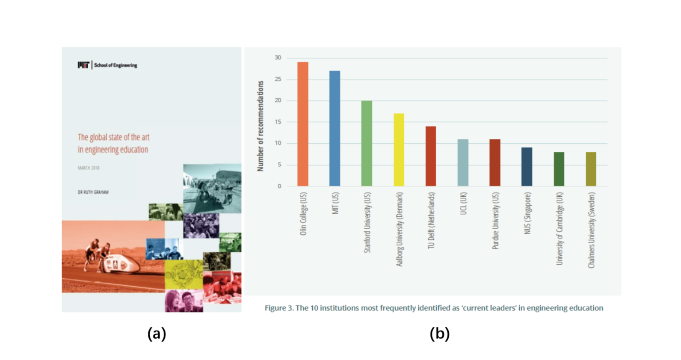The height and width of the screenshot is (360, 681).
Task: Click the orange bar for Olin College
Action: coord(302,124)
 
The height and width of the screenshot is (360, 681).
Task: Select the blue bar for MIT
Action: coord(335,128)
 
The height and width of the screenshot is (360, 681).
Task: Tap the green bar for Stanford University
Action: coord(367,143)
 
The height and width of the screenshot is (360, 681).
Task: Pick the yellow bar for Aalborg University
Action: coord(399,150)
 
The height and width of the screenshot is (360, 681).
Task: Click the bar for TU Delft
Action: coord(431,156)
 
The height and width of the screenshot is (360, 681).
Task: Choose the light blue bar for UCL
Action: coord(463,162)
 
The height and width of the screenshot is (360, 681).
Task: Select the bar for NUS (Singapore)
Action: coord(527,167)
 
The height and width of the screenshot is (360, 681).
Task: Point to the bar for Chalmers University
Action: coord(591,169)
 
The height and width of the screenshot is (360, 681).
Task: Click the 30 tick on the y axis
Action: coord(278,58)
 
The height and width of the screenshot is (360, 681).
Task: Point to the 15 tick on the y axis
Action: coord(278,122)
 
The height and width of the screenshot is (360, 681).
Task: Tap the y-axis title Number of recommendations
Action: coord(260,126)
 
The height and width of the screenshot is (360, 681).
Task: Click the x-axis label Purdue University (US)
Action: coord(495,221)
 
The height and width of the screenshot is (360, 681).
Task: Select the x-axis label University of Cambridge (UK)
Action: coord(559,229)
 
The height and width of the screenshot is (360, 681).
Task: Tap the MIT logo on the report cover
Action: coord(83,65)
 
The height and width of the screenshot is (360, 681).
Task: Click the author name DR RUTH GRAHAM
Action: coord(93,192)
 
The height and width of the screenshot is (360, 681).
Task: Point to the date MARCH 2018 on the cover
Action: coord(89,168)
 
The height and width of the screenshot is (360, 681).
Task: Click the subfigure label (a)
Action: coord(157,333)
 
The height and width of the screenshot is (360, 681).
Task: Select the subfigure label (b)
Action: coord(439,333)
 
